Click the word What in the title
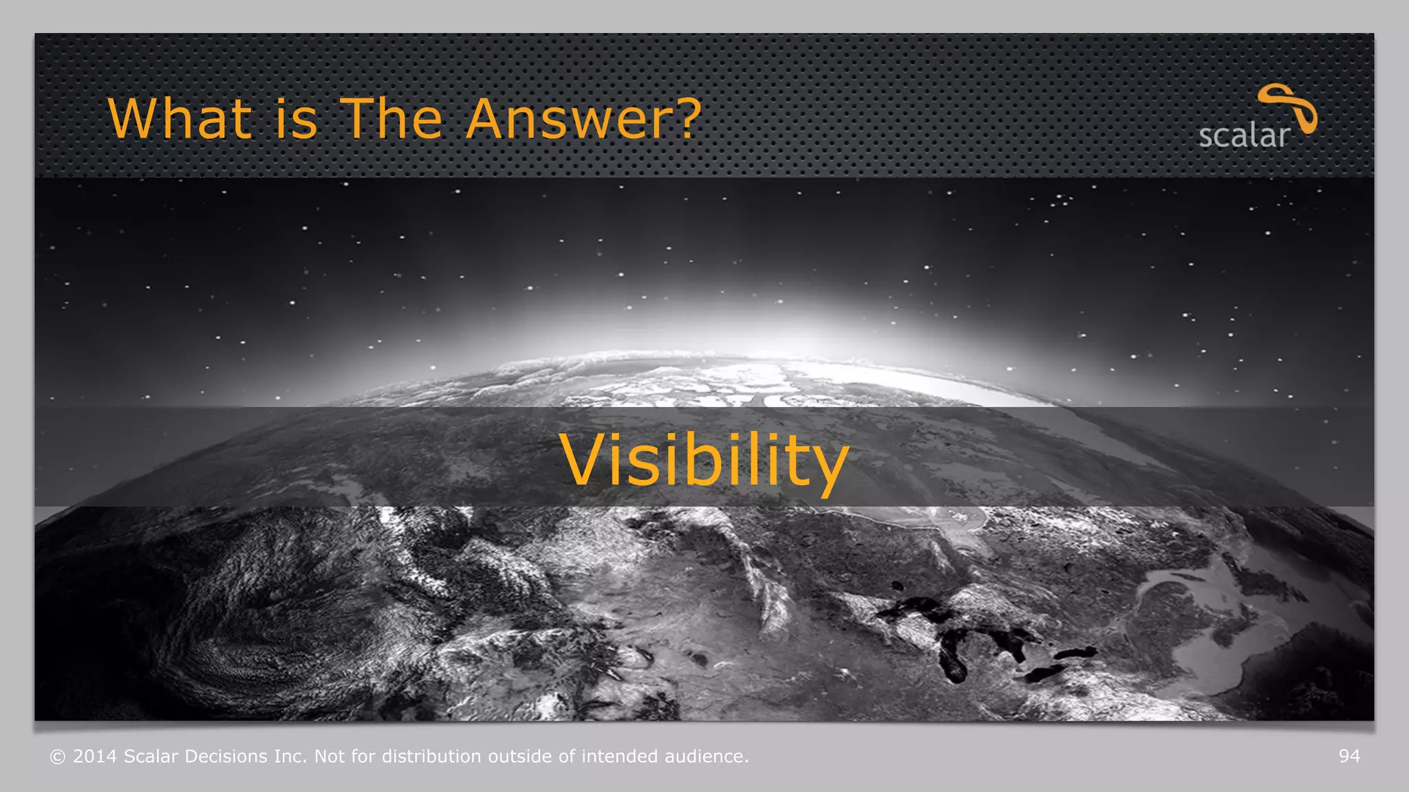point(180,119)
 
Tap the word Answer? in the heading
point(583,119)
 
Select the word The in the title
point(391,119)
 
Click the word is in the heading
point(297,119)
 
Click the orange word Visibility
point(704,460)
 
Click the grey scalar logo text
point(1244,135)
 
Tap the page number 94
point(1349,756)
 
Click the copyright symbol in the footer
point(58,757)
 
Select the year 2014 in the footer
point(95,756)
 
